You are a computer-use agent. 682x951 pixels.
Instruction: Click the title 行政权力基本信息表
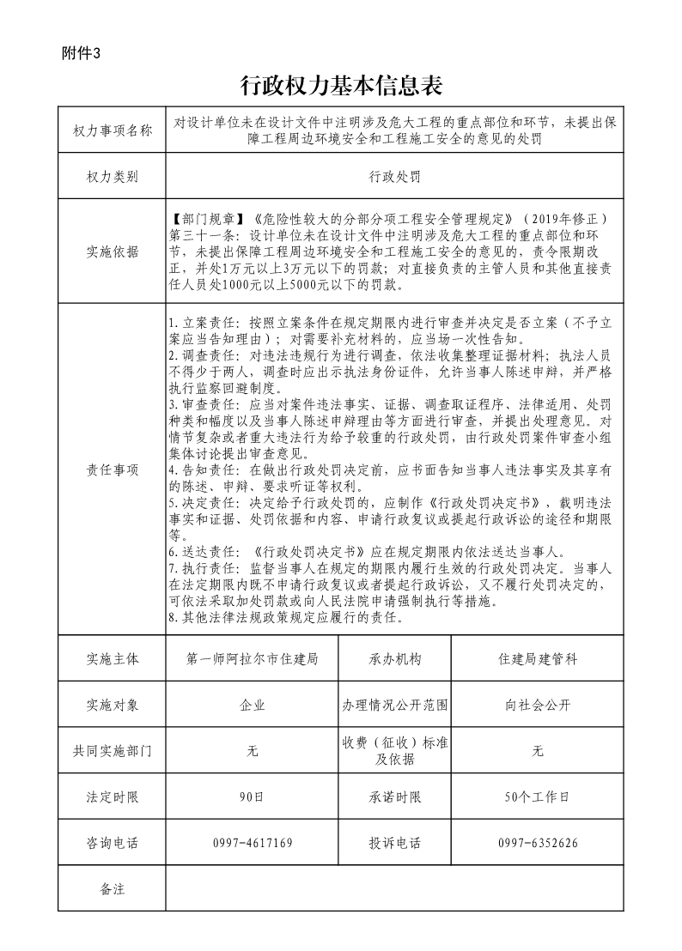(340, 86)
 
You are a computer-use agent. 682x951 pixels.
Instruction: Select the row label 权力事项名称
(112, 130)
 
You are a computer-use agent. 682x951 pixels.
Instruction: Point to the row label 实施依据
(112, 251)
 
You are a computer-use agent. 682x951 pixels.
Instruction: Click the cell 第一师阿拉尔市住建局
(253, 659)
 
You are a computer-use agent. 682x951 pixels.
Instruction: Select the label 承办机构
(395, 659)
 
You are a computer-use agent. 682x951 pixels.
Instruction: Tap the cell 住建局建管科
(538, 659)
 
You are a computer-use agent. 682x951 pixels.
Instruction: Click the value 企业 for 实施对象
(253, 705)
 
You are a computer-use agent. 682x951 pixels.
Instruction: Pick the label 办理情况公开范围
(395, 705)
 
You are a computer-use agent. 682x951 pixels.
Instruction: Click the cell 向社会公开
(538, 705)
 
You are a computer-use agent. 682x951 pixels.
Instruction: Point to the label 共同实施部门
(112, 751)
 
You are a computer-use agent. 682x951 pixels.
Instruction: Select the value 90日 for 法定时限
(253, 797)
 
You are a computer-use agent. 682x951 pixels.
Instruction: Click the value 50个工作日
(538, 797)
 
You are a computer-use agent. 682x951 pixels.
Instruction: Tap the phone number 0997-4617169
(253, 843)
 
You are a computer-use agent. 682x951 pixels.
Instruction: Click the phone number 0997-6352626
(538, 843)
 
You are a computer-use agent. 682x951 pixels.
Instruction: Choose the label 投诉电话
(395, 843)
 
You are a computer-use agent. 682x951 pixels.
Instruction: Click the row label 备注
(112, 888)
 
